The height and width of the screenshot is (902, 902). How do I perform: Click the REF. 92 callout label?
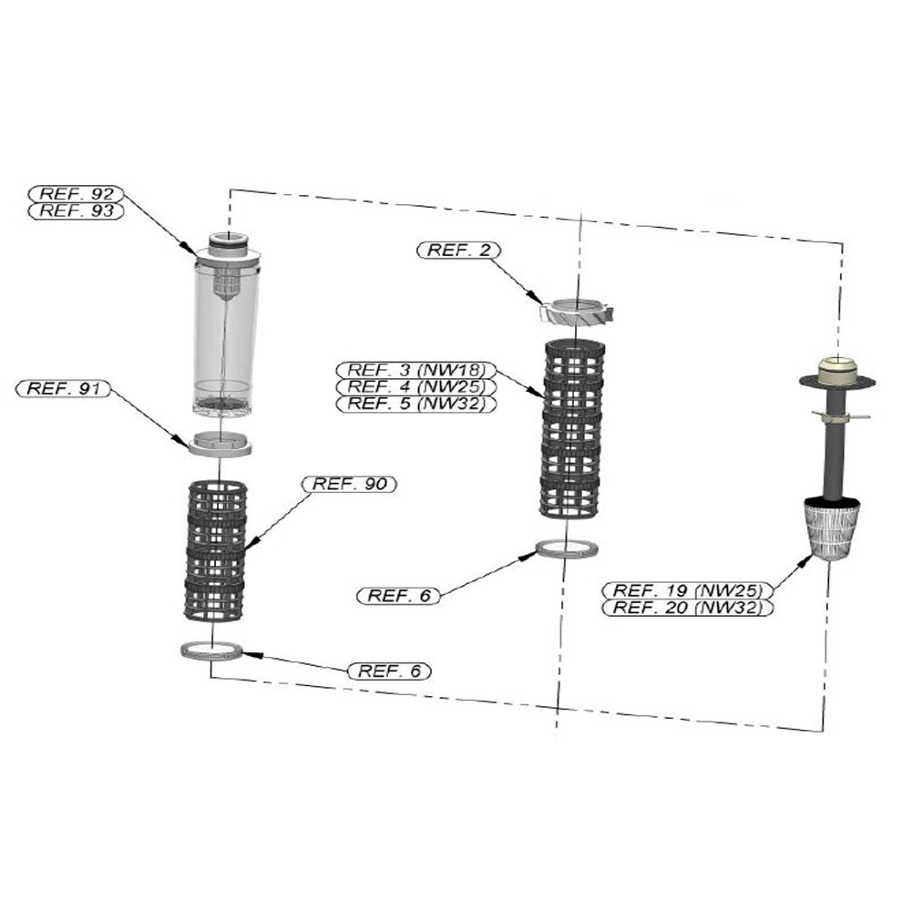[77, 194]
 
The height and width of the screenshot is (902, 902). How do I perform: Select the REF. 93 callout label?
[77, 211]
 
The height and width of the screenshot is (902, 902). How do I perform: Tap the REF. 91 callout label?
[63, 389]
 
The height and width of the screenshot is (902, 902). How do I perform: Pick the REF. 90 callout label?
[349, 485]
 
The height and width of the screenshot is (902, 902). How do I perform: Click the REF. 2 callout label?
[458, 251]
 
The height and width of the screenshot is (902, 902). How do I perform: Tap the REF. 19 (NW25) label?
[687, 590]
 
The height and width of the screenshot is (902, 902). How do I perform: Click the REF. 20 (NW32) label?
[687, 608]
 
